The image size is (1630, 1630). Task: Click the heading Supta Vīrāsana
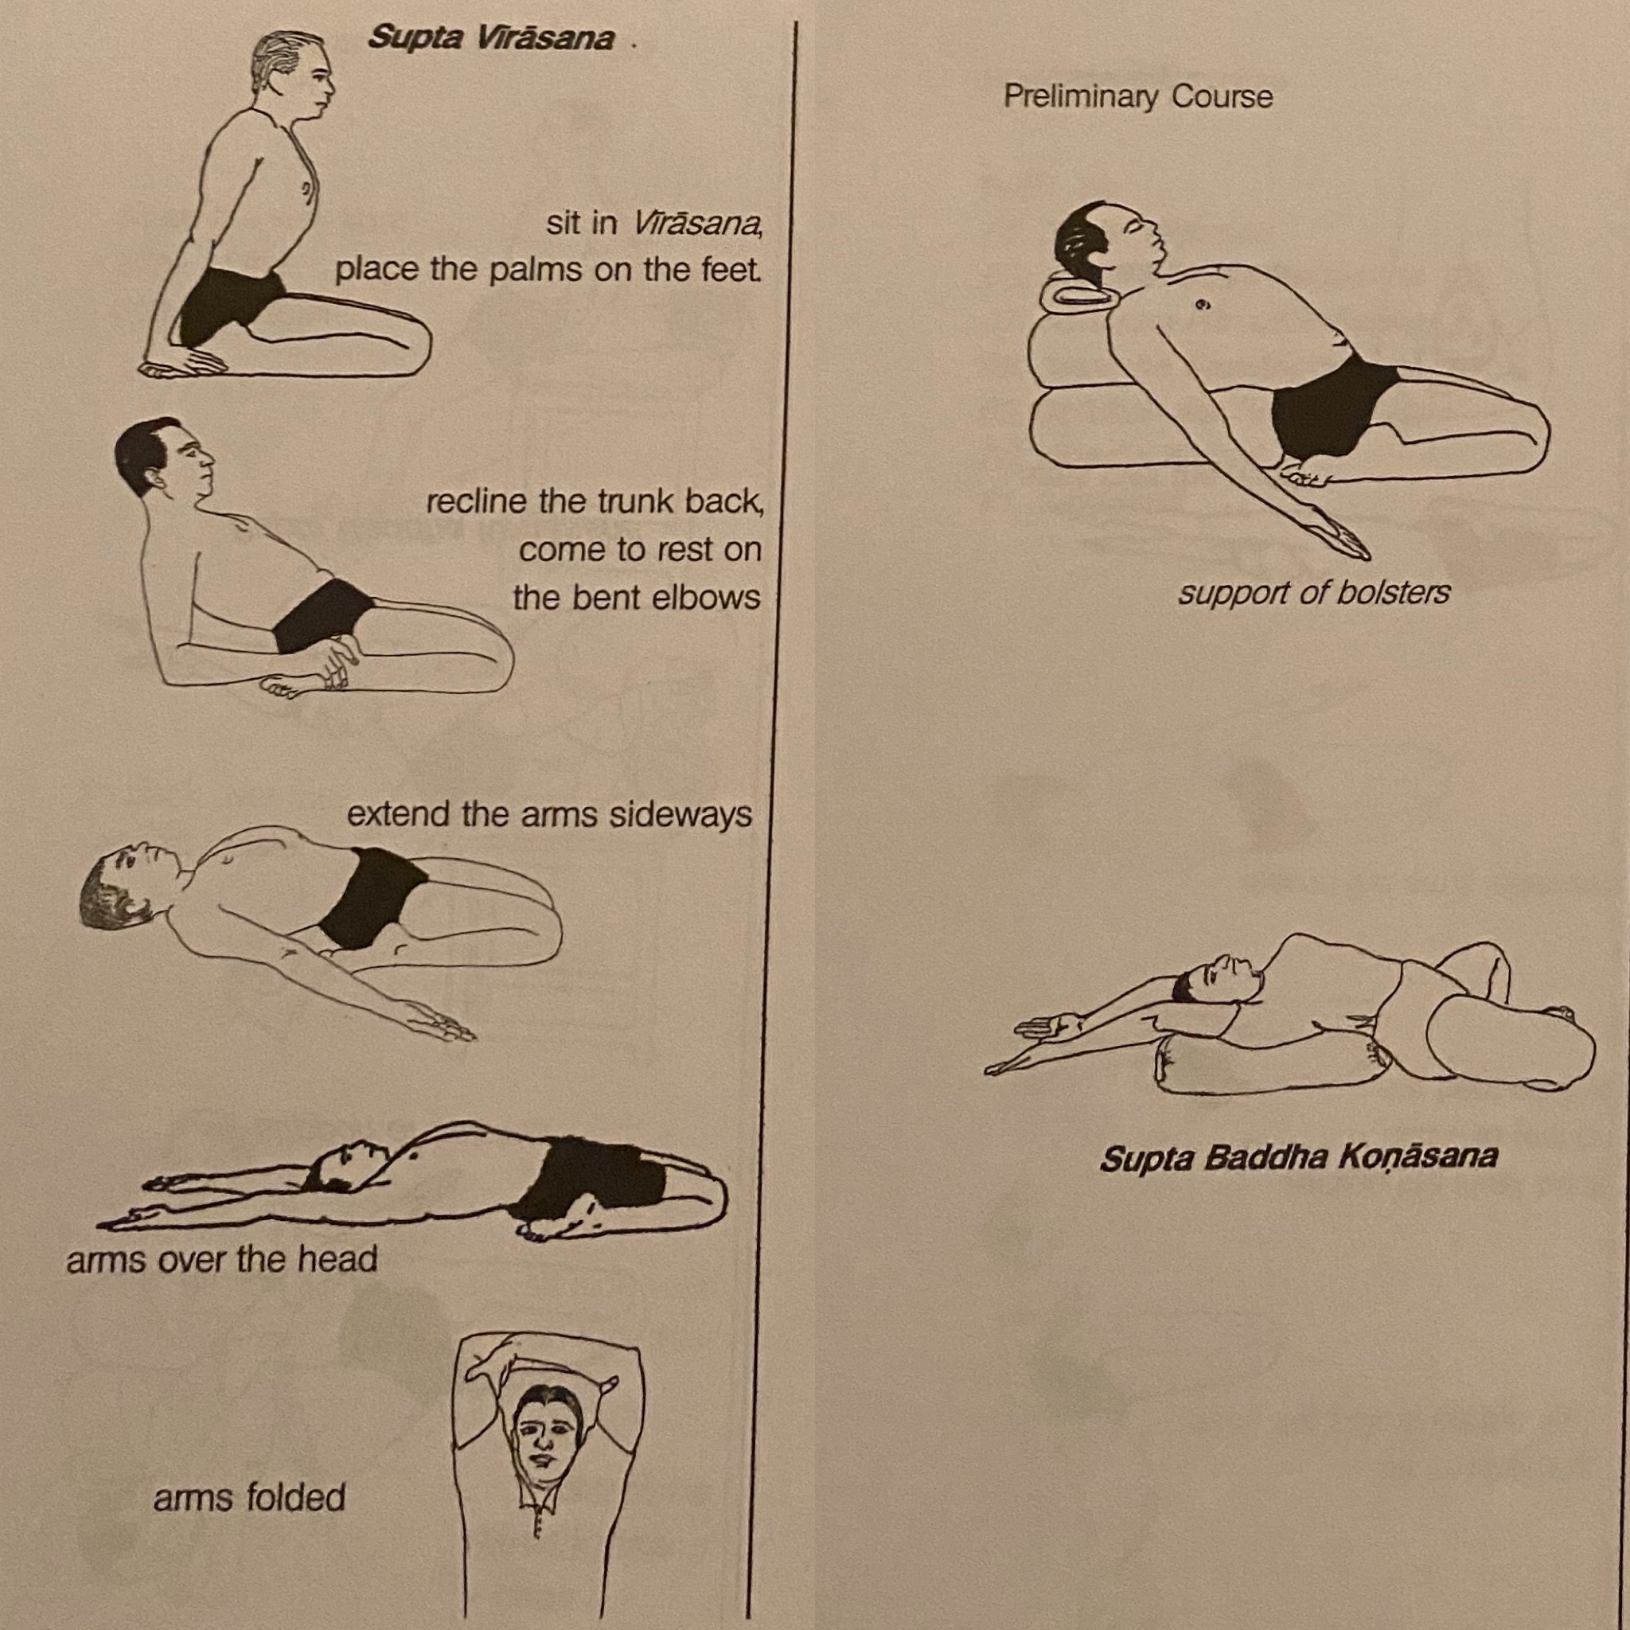[490, 39]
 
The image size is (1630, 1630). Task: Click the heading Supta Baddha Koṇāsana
[1298, 1157]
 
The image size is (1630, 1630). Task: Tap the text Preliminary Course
[1138, 97]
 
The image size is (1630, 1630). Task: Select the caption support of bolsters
[1313, 593]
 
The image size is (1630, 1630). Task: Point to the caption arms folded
[250, 1498]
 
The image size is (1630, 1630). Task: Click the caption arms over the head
[222, 1260]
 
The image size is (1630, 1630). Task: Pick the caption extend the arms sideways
[549, 815]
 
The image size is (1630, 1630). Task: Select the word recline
[478, 501]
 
